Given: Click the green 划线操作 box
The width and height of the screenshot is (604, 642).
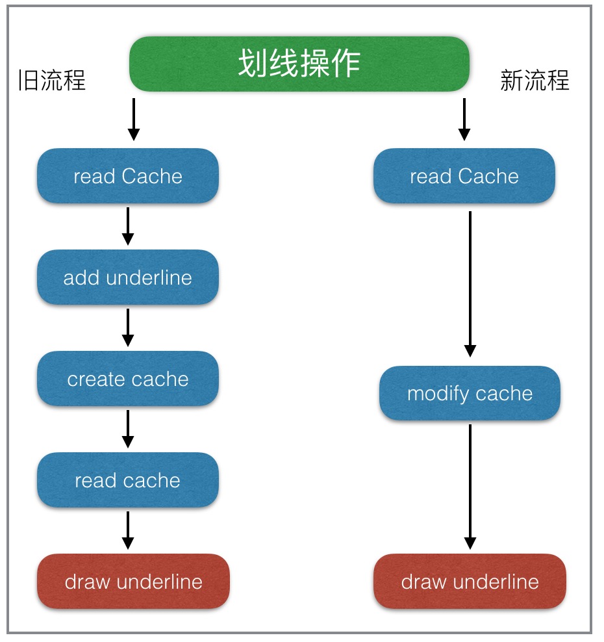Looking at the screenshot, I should tap(299, 64).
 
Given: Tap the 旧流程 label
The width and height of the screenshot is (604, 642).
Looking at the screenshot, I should tap(51, 81).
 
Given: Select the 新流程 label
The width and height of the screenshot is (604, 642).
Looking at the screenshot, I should tap(535, 81).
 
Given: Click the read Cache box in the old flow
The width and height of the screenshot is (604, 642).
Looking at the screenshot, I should tap(128, 176).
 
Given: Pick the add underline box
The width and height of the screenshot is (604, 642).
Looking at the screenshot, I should tap(128, 277).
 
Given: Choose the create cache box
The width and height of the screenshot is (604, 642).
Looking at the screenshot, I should tap(128, 379).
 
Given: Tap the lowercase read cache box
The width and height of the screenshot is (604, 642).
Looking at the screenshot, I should tap(128, 480).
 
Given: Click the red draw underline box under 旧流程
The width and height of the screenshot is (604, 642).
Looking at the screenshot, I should tap(133, 581).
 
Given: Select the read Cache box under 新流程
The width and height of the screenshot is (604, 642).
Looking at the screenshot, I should tap(464, 176).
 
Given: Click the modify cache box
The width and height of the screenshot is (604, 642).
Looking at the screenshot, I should tap(470, 393).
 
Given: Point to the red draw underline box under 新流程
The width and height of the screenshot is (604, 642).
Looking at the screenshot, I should tap(470, 581).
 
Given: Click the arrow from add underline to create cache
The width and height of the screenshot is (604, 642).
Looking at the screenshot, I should tap(128, 327).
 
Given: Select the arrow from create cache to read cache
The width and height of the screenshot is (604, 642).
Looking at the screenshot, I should tap(128, 429).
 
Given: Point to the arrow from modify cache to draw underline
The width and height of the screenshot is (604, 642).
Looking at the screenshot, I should tap(470, 487).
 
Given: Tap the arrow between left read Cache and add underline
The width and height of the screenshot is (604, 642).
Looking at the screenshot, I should tap(128, 226).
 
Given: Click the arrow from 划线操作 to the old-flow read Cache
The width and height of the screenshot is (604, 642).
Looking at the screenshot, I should tap(133, 120).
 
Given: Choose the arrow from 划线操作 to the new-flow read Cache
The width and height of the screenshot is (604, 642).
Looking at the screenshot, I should tap(464, 120).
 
